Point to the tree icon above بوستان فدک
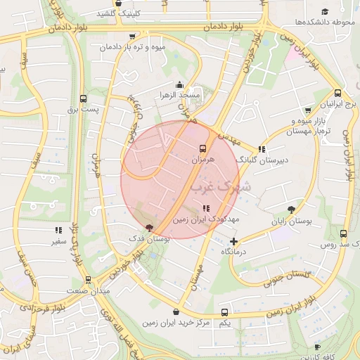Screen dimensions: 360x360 [x=148, y=227]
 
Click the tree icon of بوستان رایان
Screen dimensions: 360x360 [x=292, y=209]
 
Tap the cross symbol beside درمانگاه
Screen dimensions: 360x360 [x=234, y=241]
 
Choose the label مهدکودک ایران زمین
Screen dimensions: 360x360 [x=205, y=219]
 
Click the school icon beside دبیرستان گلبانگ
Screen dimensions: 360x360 [x=262, y=149]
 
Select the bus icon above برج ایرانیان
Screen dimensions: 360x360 [x=337, y=93]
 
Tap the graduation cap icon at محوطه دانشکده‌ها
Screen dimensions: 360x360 [x=325, y=12]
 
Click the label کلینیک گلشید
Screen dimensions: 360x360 [x=136, y=13]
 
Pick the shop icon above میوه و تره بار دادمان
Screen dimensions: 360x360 [x=133, y=37]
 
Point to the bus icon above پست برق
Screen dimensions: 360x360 [x=84, y=98]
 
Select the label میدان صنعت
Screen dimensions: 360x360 [x=85, y=290]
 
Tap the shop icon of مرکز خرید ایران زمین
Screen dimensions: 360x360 [x=176, y=311]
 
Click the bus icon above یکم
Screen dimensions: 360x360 [x=224, y=311]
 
